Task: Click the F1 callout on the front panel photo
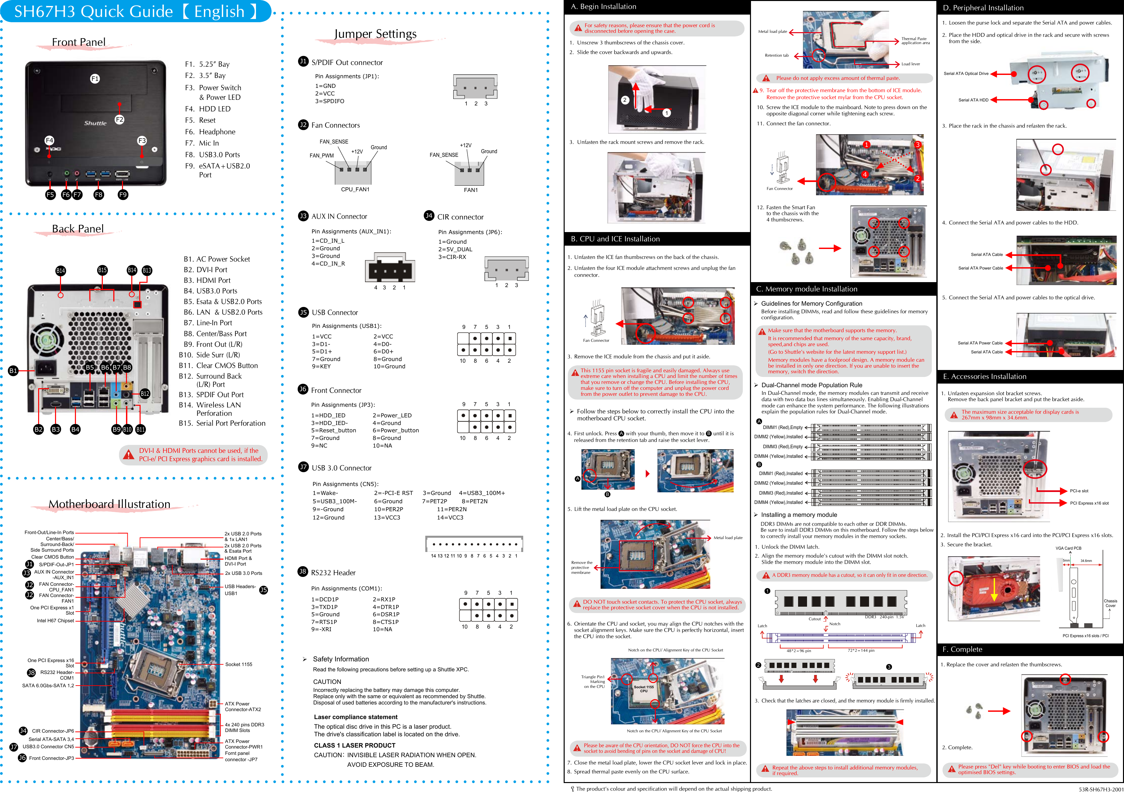(x=95, y=78)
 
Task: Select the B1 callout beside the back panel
(x=13, y=371)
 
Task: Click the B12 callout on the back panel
(x=145, y=394)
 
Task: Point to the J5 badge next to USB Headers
(x=263, y=590)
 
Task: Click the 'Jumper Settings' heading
(x=375, y=34)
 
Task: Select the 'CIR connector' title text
(x=460, y=217)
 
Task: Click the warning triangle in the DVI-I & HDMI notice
(x=129, y=455)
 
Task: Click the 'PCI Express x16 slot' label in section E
(x=1089, y=503)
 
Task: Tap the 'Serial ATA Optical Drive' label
(x=966, y=73)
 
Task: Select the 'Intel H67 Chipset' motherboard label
(x=55, y=621)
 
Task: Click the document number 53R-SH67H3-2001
(x=1100, y=789)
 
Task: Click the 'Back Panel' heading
(x=78, y=229)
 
